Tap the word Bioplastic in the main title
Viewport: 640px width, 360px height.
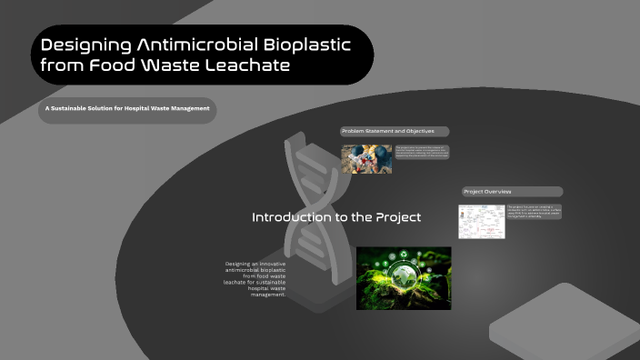tap(311, 45)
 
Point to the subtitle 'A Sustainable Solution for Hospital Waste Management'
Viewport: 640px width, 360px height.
tap(127, 109)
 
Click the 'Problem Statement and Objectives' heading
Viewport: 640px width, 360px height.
tap(383, 132)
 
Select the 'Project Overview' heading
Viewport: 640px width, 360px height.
tap(488, 192)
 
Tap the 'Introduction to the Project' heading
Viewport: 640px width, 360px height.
tap(335, 218)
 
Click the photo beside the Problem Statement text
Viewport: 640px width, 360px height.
tap(366, 159)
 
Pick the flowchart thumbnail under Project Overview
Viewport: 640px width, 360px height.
tap(480, 221)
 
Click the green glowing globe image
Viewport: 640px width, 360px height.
tap(404, 278)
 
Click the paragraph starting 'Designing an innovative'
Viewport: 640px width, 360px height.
tap(255, 279)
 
